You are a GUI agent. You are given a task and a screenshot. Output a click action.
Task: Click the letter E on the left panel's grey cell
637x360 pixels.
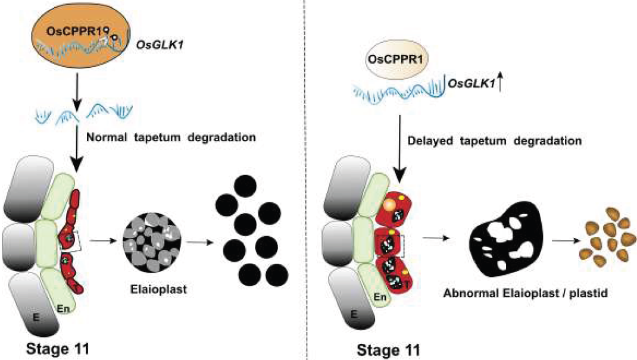point(36,318)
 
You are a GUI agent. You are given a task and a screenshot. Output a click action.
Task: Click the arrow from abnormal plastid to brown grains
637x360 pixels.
point(564,243)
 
